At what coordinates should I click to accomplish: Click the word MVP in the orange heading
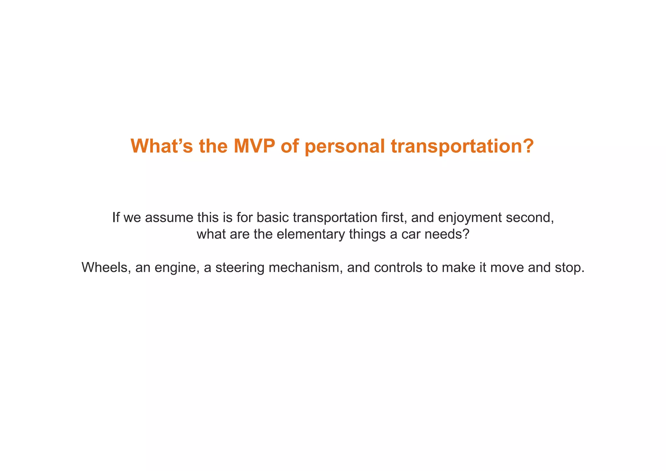click(254, 146)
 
